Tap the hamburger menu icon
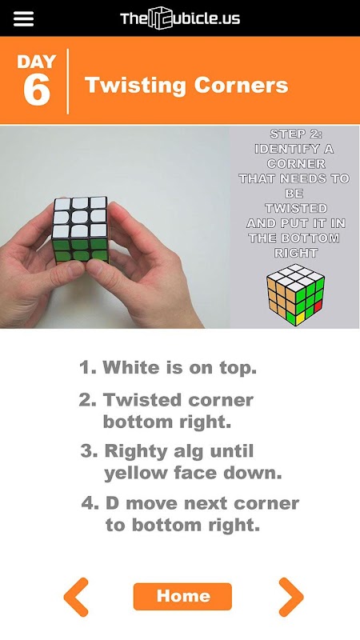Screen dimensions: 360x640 [x=24, y=18]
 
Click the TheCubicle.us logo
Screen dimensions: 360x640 [x=180, y=18]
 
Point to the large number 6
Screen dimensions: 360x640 [x=37, y=90]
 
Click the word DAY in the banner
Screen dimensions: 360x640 [x=36, y=62]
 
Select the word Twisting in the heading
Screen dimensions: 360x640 [x=135, y=86]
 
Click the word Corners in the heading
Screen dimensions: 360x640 [x=242, y=85]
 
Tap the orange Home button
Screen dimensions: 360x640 [x=182, y=596]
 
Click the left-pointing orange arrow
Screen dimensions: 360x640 [x=76, y=597]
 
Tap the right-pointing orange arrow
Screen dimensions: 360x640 [x=291, y=597]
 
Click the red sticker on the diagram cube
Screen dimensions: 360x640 [x=318, y=306]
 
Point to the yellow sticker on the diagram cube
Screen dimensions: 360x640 [x=301, y=318]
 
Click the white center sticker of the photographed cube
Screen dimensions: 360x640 [x=79, y=217]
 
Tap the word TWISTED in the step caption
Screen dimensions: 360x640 [x=296, y=208]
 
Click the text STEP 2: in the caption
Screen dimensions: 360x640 [x=293, y=134]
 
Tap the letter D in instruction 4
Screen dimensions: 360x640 [x=112, y=503]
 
